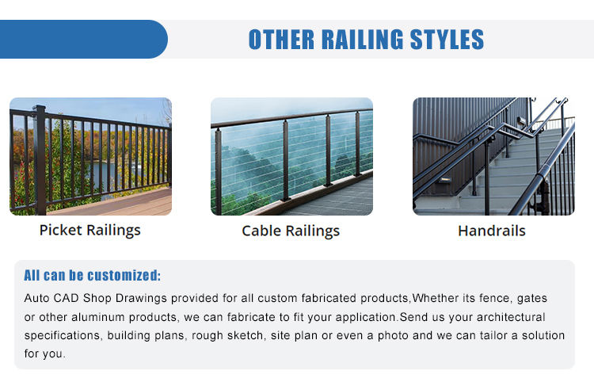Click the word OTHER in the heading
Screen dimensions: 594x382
click(x=281, y=40)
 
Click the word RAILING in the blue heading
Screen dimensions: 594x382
click(x=363, y=40)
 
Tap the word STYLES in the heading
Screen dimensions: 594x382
click(x=447, y=40)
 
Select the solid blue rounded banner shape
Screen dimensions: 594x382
click(x=84, y=39)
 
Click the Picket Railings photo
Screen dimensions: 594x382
click(x=90, y=156)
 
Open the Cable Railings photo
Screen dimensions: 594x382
click(x=291, y=156)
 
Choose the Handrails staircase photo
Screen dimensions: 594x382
click(x=493, y=156)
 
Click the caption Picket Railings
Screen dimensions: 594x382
click(x=90, y=231)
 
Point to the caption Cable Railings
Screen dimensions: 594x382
click(x=291, y=231)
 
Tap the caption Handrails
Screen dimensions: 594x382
click(x=492, y=231)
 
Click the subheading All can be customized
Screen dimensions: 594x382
click(x=92, y=276)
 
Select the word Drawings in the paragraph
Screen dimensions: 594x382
click(x=141, y=298)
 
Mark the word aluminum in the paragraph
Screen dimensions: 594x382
click(x=97, y=317)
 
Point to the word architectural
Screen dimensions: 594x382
click(x=511, y=317)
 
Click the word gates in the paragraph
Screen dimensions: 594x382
click(x=532, y=298)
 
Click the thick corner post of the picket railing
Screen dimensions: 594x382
click(x=40, y=160)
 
